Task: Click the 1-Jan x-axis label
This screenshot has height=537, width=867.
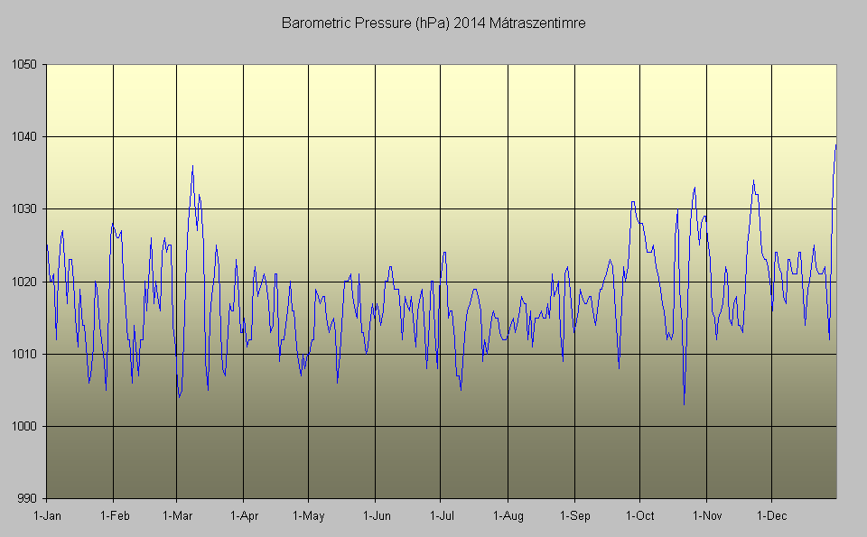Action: (46, 516)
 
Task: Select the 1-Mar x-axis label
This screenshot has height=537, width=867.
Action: (177, 516)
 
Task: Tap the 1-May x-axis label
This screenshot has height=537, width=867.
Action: (308, 516)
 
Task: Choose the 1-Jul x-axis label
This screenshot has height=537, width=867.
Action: (440, 516)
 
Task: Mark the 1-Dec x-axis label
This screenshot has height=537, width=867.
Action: (771, 516)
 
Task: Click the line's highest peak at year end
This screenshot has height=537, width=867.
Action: (835, 144)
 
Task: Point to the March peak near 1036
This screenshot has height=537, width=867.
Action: (192, 166)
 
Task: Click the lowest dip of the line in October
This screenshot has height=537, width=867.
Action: (684, 404)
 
